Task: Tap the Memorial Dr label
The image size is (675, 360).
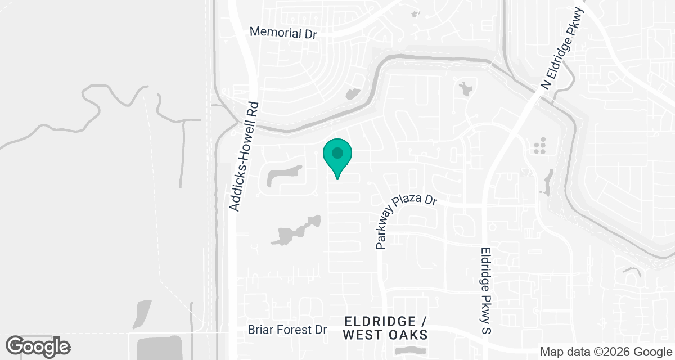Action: pyautogui.click(x=283, y=33)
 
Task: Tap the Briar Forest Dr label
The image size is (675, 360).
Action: pyautogui.click(x=287, y=330)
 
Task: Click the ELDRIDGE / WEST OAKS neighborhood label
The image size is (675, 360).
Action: pyautogui.click(x=385, y=328)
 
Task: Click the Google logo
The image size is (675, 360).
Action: pyautogui.click(x=38, y=345)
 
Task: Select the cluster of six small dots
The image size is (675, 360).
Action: pyautogui.click(x=540, y=146)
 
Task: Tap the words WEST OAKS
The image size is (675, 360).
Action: pyautogui.click(x=385, y=335)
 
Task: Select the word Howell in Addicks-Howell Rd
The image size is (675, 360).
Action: pyautogui.click(x=246, y=150)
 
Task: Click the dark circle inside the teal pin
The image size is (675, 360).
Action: pyautogui.click(x=337, y=152)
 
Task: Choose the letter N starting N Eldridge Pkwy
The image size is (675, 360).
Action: pyautogui.click(x=545, y=84)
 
